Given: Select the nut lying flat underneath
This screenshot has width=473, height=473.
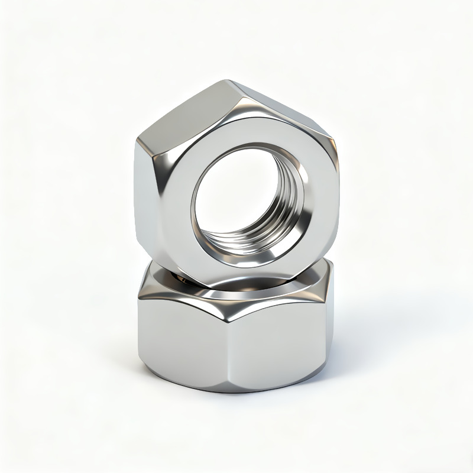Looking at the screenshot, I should click(x=237, y=343).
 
